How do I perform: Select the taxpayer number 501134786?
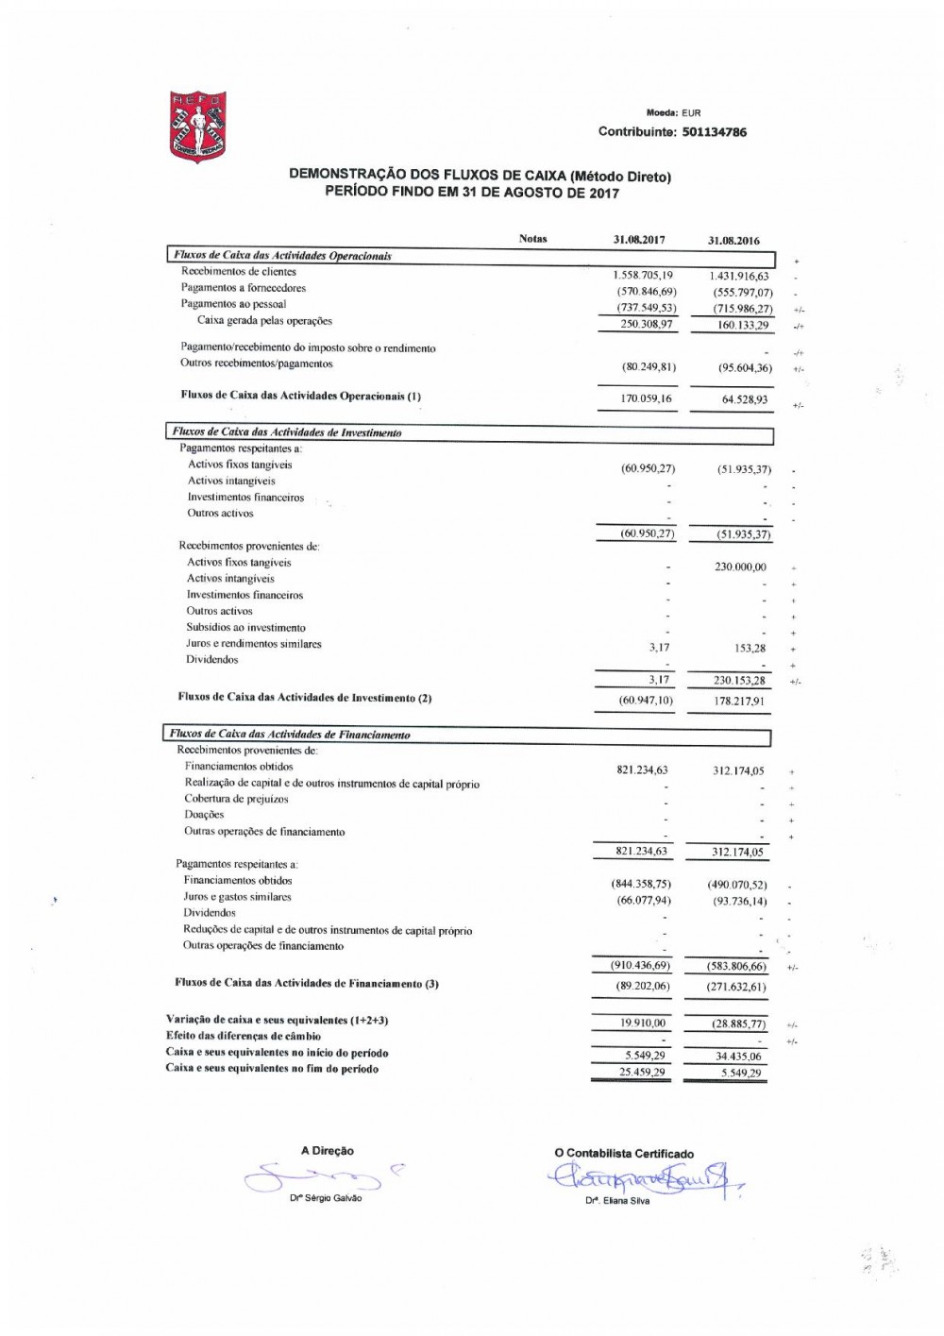click(x=714, y=132)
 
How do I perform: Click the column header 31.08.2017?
click(x=639, y=240)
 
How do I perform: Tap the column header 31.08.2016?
click(x=733, y=241)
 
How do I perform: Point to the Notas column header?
click(x=532, y=239)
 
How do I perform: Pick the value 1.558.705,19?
click(x=645, y=275)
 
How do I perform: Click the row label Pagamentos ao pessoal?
click(x=233, y=304)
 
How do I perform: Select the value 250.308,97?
click(x=645, y=323)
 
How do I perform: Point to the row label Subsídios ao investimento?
click(x=245, y=628)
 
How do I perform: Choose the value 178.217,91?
click(x=738, y=702)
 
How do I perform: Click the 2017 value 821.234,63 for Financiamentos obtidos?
click(x=642, y=770)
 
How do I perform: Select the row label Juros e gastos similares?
click(x=237, y=897)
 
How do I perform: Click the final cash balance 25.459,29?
click(x=642, y=1073)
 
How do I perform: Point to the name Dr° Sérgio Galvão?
click(x=326, y=1198)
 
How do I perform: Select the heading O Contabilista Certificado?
click(x=623, y=1153)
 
